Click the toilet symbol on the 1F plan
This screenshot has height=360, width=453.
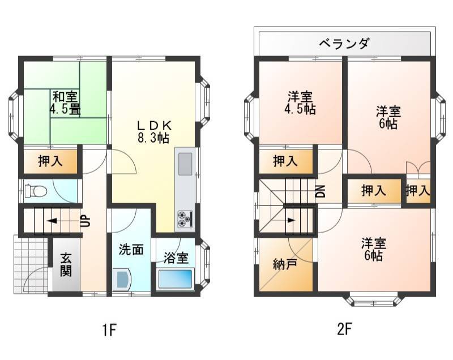click(36, 191)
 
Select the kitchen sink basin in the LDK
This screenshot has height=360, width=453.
click(185, 164)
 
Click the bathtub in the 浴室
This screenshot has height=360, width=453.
click(176, 279)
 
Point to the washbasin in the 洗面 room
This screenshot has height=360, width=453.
click(122, 280)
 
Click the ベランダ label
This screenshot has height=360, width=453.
click(344, 44)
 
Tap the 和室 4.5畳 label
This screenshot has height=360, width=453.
click(65, 103)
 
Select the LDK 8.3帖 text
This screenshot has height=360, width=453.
click(153, 132)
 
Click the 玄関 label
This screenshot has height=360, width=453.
click(66, 265)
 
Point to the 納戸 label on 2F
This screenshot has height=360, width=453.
click(285, 264)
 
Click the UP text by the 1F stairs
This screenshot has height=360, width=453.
click(86, 221)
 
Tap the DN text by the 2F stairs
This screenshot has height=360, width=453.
click(320, 191)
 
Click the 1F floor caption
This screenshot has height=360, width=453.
click(109, 329)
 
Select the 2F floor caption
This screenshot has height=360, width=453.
click(344, 329)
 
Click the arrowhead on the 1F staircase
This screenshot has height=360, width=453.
click(52, 221)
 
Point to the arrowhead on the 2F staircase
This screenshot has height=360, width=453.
click(291, 221)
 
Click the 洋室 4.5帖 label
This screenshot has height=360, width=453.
click(300, 103)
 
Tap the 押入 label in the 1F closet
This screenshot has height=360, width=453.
click(50, 161)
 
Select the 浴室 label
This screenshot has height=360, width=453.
click(176, 258)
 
